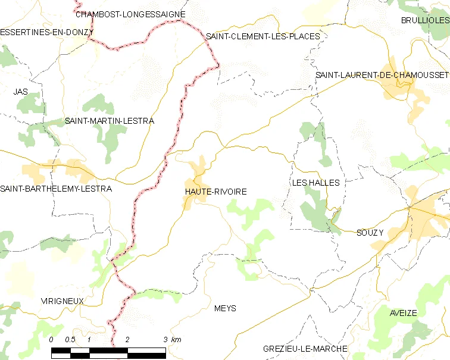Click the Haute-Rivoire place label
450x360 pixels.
[x=215, y=192]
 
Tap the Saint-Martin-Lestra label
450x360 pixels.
[x=110, y=121]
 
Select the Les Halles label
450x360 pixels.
[x=315, y=183]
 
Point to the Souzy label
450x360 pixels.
[x=370, y=233]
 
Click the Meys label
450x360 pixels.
[x=225, y=308]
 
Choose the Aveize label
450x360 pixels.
[x=404, y=313]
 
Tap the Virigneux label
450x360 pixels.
[x=62, y=301]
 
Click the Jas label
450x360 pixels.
[x=21, y=92]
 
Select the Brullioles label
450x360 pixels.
[x=425, y=20]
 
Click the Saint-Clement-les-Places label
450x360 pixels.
[x=262, y=36]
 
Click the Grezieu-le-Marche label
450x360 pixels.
[x=305, y=349]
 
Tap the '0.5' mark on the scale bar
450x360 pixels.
[x=70, y=339]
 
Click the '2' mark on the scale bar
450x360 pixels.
[x=127, y=339]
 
